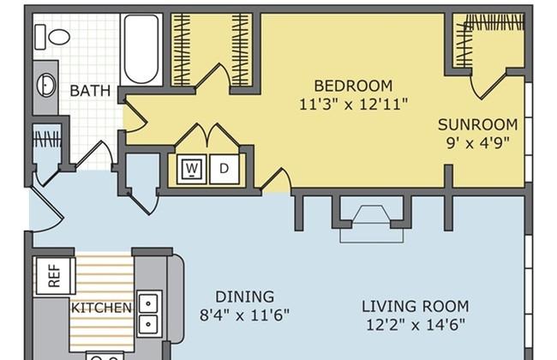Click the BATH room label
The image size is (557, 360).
[x=90, y=91]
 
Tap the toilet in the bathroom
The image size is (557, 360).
[x=52, y=37]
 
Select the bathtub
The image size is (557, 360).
[x=141, y=49]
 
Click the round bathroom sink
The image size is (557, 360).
[x=46, y=86]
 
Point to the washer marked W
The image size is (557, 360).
[x=192, y=169]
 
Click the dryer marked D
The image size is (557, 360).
[x=225, y=169]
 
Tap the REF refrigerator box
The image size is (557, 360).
[x=54, y=276]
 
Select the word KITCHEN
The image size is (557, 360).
[x=102, y=308]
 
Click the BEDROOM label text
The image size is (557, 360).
[x=353, y=86]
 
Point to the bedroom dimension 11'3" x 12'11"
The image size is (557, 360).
[x=353, y=105]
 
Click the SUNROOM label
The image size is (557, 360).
[x=478, y=125]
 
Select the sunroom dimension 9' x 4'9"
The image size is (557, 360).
[x=478, y=143]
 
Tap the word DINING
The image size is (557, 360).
[x=245, y=297]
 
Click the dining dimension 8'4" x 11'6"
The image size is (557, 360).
[x=244, y=315]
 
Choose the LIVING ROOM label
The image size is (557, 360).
[x=416, y=306]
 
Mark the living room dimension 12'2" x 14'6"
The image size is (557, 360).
[x=416, y=325]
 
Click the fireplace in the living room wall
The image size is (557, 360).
[x=372, y=219]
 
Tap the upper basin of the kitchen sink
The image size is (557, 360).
[x=148, y=303]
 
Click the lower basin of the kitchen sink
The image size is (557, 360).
[x=148, y=324]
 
